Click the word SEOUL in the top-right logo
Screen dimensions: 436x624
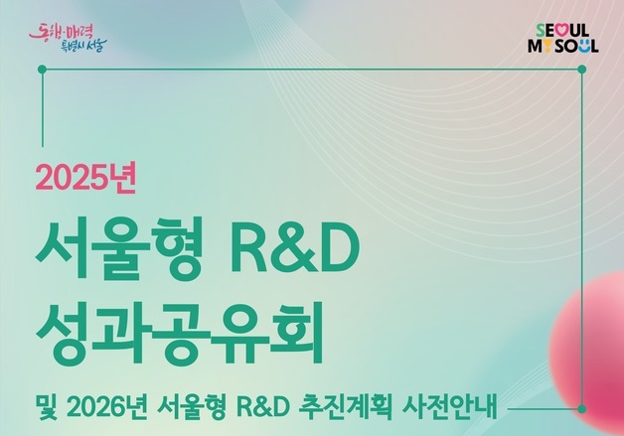(x=560, y=31)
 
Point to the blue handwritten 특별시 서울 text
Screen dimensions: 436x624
(x=81, y=44)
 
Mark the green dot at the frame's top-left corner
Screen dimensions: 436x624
(x=42, y=69)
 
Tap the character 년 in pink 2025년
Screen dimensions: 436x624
(x=130, y=177)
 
